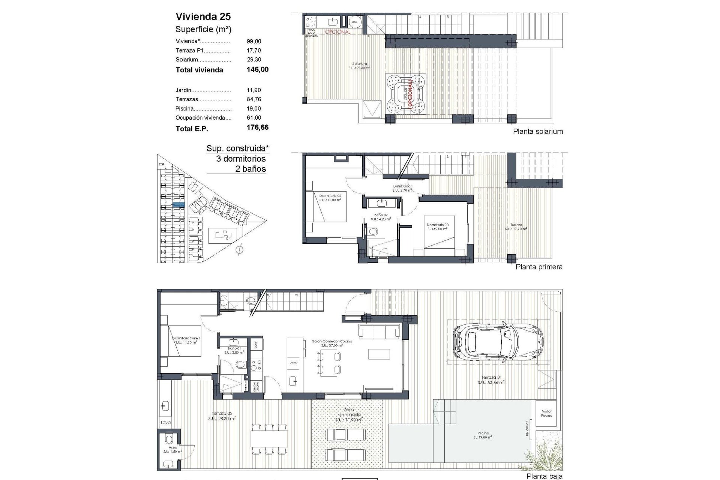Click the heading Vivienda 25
coord(203,16)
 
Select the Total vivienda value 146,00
coord(257,69)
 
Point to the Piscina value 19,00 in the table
coord(254,108)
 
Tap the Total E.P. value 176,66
coord(257,127)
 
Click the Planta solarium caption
coord(538,132)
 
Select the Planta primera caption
coord(539,267)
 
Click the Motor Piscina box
coord(546,414)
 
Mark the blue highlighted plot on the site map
coord(178,204)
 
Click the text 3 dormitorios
coord(241,159)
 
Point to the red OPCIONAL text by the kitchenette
coord(337,32)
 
